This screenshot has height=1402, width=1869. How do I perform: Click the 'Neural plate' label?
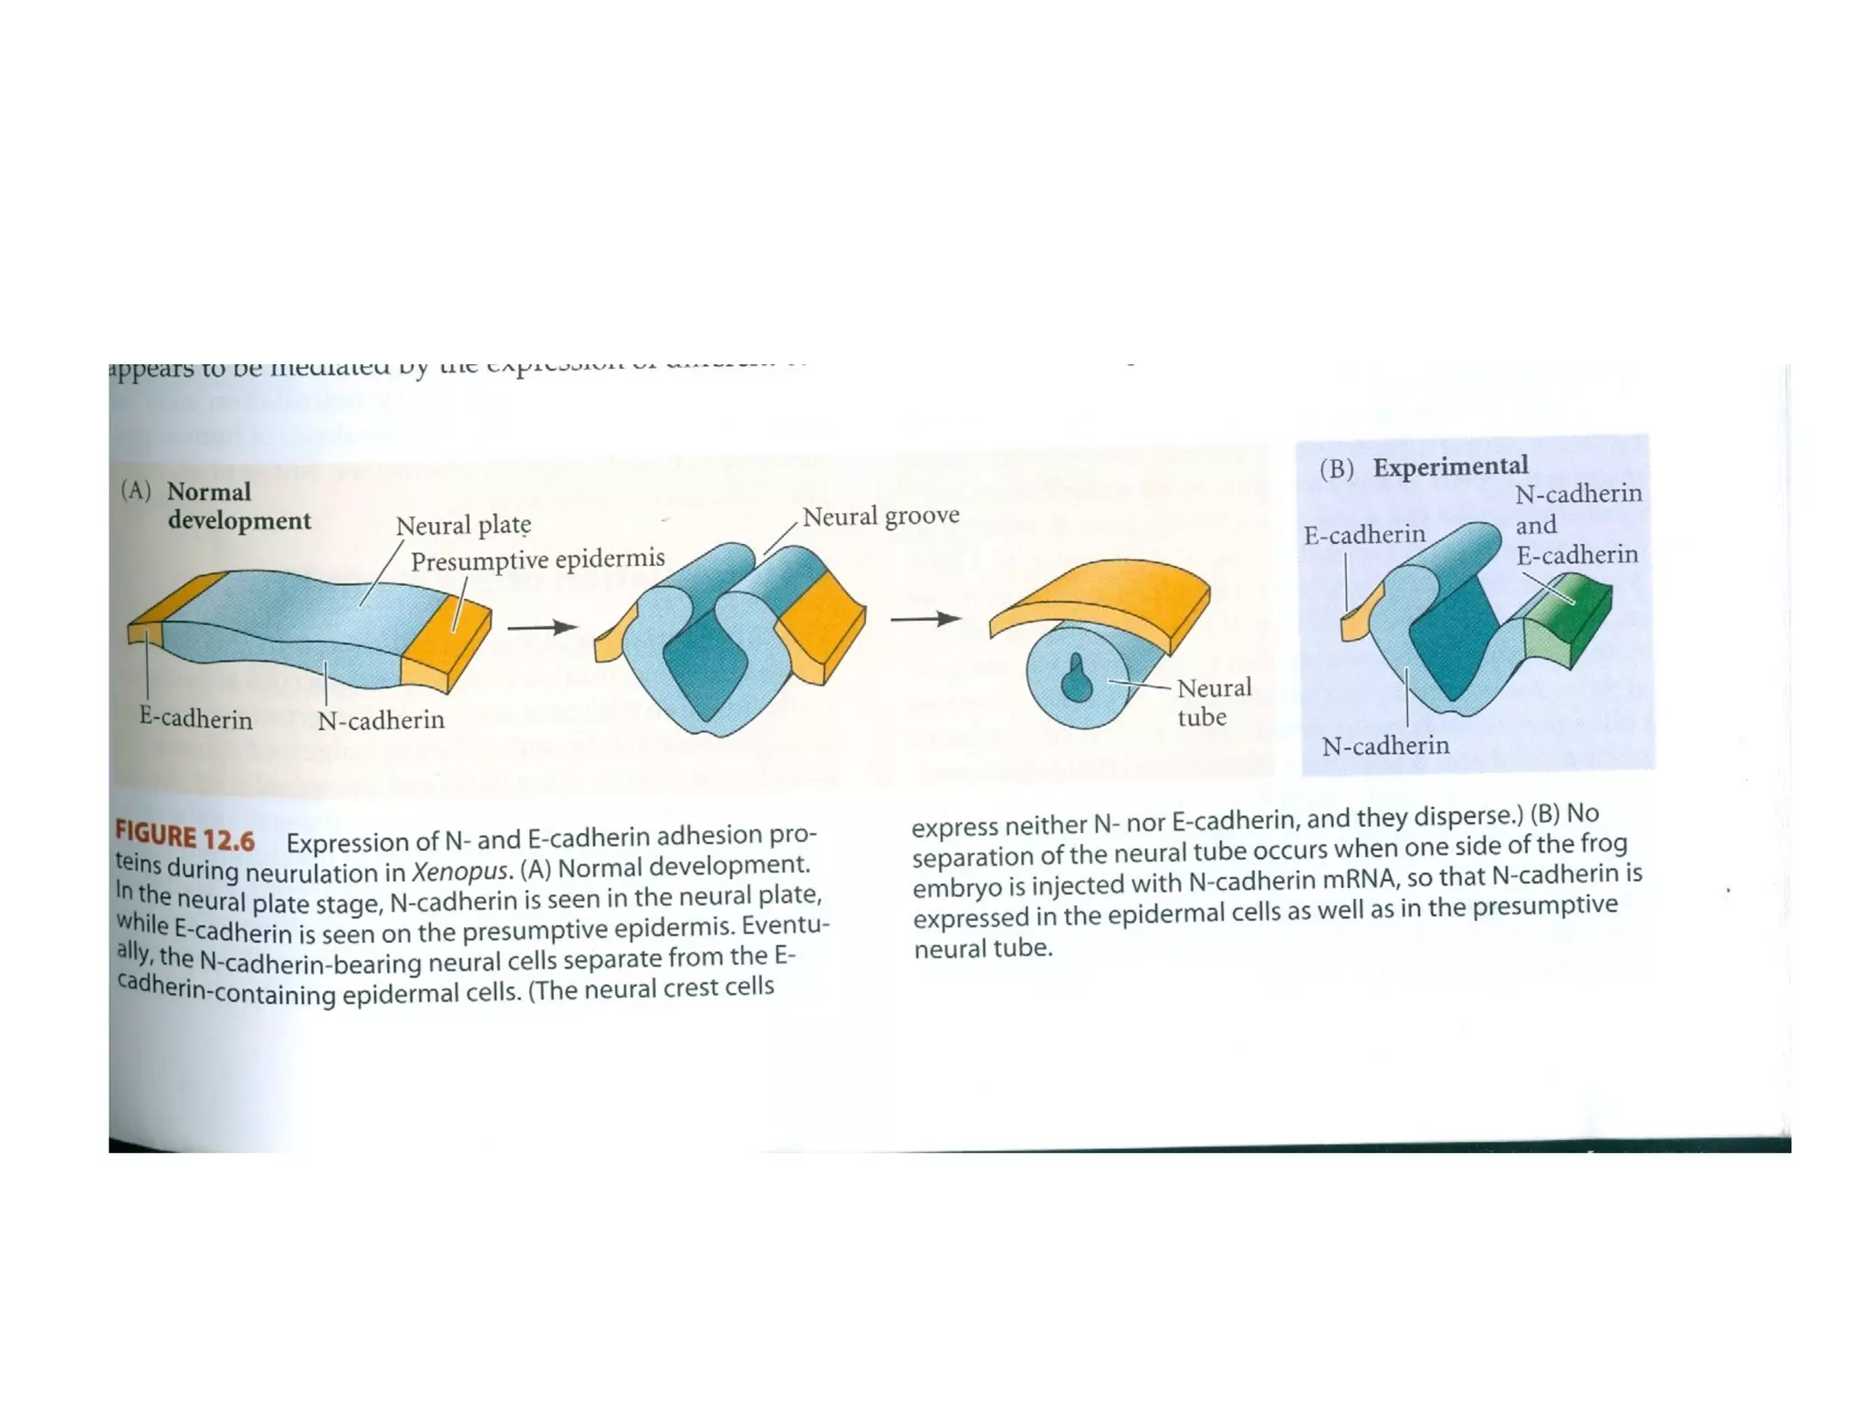463,526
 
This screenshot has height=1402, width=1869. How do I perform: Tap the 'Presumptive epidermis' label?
538,560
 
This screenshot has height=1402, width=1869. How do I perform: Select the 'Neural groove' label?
881,516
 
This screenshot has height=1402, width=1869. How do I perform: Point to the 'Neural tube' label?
1213,702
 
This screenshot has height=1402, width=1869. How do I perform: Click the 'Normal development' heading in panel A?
238,506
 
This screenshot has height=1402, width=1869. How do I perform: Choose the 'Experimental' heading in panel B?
1450,466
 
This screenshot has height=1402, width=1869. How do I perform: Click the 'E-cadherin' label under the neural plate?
195,718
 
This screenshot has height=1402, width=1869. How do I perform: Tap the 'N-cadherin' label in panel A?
381,720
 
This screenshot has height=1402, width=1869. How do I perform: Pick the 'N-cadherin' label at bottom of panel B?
1384,746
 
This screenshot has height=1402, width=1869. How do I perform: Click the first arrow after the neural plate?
541,627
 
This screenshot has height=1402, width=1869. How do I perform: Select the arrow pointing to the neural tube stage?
924,620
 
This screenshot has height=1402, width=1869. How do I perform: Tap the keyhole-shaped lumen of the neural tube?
1076,677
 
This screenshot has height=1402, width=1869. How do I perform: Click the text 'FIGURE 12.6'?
184,836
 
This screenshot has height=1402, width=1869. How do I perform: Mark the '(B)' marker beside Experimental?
1336,468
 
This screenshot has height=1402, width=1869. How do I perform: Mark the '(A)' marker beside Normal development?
135,491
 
